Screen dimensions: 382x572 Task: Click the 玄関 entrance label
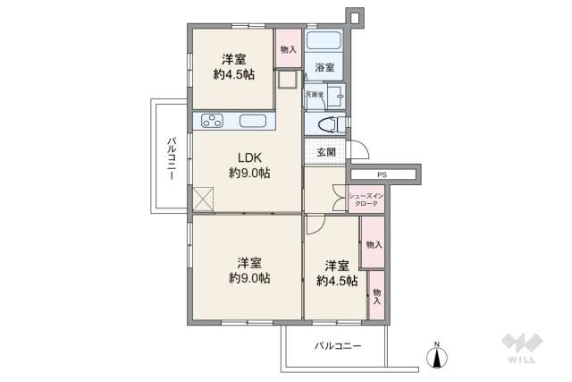[326, 152]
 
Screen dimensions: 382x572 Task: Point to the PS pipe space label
[382, 174]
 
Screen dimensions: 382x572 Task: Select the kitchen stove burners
[214, 123]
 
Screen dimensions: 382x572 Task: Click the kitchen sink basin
[252, 123]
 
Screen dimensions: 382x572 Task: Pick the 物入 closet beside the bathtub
[288, 50]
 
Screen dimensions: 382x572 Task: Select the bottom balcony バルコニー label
[337, 344]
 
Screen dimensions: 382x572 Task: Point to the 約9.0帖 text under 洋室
[248, 278]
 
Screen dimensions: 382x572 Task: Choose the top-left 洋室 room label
[234, 59]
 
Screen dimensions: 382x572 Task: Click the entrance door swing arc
[357, 152]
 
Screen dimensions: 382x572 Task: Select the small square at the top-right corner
[353, 17]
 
